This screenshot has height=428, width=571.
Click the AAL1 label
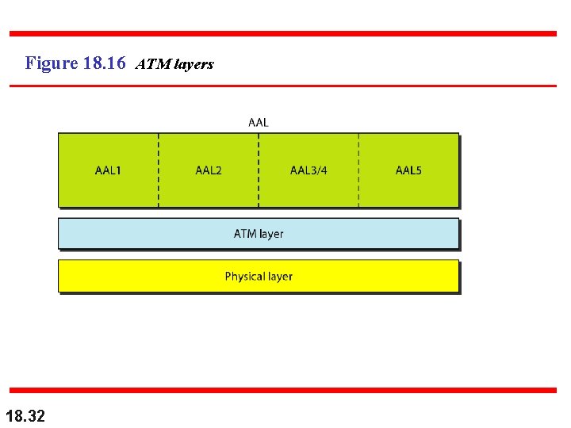108,170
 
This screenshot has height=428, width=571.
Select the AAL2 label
209,170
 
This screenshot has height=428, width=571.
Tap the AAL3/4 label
308,170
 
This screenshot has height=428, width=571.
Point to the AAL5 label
408,170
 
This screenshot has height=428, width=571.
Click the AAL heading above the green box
259,122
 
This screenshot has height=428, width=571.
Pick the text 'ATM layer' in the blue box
259,234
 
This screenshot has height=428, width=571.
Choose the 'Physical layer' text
259,277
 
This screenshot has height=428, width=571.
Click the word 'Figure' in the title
51,63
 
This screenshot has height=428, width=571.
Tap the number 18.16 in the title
103,63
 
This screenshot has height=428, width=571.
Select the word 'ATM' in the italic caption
150,64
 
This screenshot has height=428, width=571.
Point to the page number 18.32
25,415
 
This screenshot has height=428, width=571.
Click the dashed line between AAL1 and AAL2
159,190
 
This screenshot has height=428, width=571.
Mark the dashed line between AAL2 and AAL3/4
259,190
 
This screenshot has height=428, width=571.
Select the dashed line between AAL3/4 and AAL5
358,190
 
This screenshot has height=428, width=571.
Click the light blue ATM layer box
119,234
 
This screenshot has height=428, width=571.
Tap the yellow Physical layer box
119,277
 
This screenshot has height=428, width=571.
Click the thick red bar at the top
283,33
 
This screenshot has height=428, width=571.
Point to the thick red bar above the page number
283,390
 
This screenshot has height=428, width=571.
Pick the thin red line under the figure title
283,86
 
